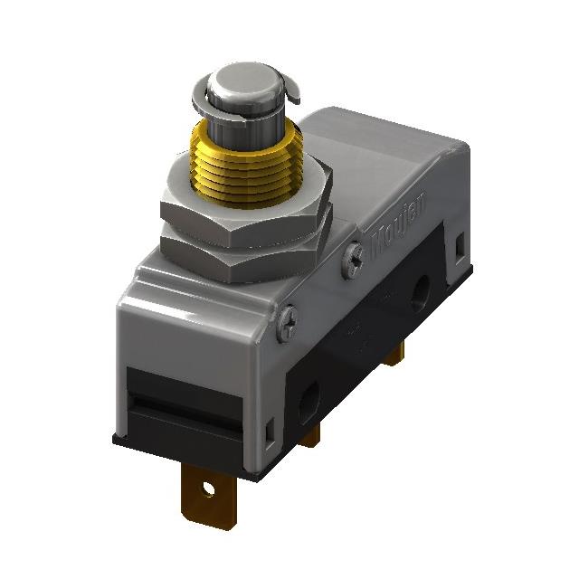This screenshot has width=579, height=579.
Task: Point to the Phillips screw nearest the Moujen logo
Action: [x=353, y=259]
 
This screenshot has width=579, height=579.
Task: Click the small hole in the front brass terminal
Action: [x=210, y=491]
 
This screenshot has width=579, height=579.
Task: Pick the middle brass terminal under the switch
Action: [x=311, y=436]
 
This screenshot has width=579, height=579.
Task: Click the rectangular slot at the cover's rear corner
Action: [x=460, y=244]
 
